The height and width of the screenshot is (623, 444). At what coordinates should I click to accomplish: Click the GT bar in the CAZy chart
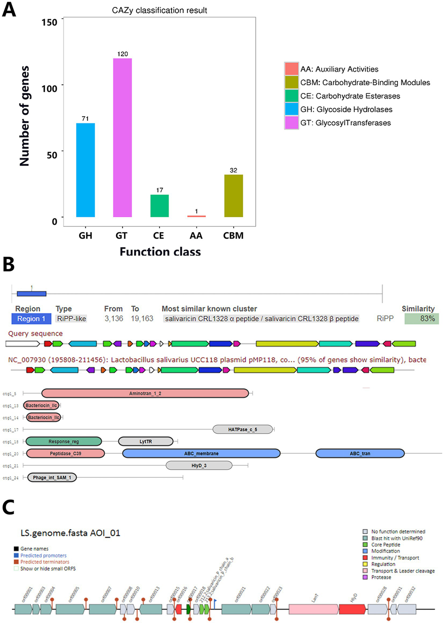coord(122,137)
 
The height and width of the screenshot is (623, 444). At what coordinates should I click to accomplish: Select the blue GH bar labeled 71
coord(85,170)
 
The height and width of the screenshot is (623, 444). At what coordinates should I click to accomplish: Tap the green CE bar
coord(159,206)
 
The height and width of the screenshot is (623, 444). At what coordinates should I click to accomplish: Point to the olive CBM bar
coord(233,196)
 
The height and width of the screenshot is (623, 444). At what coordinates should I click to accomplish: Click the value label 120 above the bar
coord(122,54)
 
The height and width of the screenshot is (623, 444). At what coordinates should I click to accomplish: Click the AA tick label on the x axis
coord(196,236)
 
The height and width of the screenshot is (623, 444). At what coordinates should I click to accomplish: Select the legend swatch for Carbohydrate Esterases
coord(291,96)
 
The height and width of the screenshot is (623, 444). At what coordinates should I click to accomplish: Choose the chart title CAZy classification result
coord(159,10)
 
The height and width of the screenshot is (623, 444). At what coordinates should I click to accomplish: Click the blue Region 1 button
coord(31,319)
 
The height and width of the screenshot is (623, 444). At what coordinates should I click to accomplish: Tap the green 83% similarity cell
coord(421,319)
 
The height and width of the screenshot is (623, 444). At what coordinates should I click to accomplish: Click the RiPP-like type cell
coord(71,319)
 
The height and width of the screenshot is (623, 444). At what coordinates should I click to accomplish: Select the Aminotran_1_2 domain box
coord(145,393)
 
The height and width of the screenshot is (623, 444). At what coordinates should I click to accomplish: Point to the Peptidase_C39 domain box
coord(65,453)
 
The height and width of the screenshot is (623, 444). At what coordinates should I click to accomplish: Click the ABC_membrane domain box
coord(201,453)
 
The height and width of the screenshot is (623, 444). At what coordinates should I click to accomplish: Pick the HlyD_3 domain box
coord(199,465)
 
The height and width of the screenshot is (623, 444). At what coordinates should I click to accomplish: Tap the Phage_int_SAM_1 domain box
coord(52,477)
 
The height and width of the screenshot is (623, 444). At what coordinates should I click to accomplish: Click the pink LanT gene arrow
coord(314,609)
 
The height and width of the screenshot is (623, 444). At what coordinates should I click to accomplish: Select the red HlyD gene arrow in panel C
coord(352,609)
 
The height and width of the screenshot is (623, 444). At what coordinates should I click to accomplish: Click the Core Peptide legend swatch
coord(365,545)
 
